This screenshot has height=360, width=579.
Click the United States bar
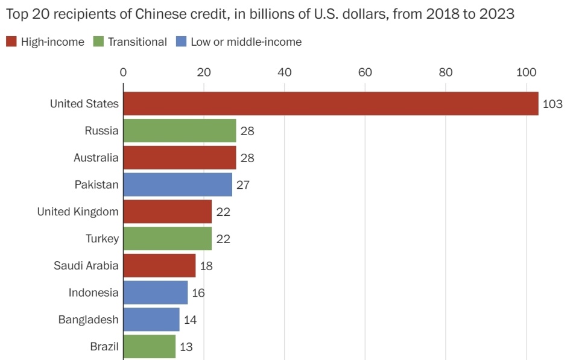tap(331, 104)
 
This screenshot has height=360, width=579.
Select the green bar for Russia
tap(180, 131)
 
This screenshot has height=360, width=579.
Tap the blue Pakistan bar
tap(178, 185)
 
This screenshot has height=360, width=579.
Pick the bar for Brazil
tap(150, 347)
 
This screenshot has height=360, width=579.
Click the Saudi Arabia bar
tap(160, 265)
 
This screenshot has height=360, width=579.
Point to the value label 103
tap(552, 104)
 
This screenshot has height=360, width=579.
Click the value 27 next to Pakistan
tap(243, 185)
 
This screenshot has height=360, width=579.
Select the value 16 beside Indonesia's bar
tap(198, 293)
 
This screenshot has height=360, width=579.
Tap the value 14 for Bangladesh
tap(190, 320)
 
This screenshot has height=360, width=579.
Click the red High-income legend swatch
tap(11, 42)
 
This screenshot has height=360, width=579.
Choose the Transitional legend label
tap(138, 42)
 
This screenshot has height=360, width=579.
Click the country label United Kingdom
tap(78, 212)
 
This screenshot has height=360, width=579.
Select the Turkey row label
tap(102, 239)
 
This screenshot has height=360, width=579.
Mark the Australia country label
tap(96, 158)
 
